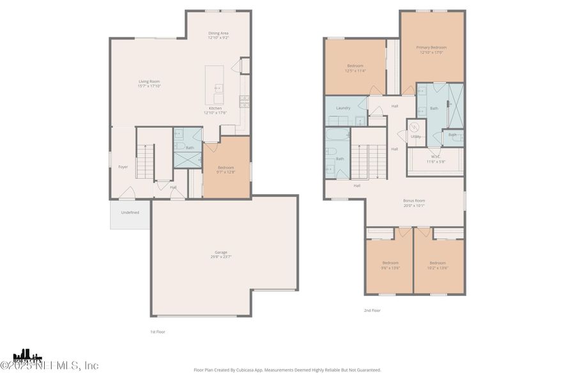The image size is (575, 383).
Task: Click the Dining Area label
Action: click(x=218, y=33)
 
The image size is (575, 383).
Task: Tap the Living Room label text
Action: click(x=149, y=81)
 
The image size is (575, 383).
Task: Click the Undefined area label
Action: click(x=130, y=213)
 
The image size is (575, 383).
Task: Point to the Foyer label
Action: click(x=123, y=167)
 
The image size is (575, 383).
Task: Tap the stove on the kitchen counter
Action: click(x=243, y=100)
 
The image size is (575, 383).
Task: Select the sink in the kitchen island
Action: click(x=218, y=89)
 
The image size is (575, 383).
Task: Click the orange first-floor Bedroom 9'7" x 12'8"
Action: click(x=226, y=169)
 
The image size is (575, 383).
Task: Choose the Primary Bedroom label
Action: click(x=431, y=48)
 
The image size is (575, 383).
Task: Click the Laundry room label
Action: click(x=343, y=108)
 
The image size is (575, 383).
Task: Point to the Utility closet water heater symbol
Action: click(x=413, y=126)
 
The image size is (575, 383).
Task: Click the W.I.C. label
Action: click(x=436, y=156)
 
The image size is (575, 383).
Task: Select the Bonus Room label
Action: click(x=414, y=200)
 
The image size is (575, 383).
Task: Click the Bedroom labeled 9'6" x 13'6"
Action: click(x=390, y=265)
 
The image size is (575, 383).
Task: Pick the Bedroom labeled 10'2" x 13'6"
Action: click(x=438, y=265)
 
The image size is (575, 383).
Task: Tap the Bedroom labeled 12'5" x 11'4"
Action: click(x=355, y=68)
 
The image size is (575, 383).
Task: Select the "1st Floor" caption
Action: click(x=157, y=332)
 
